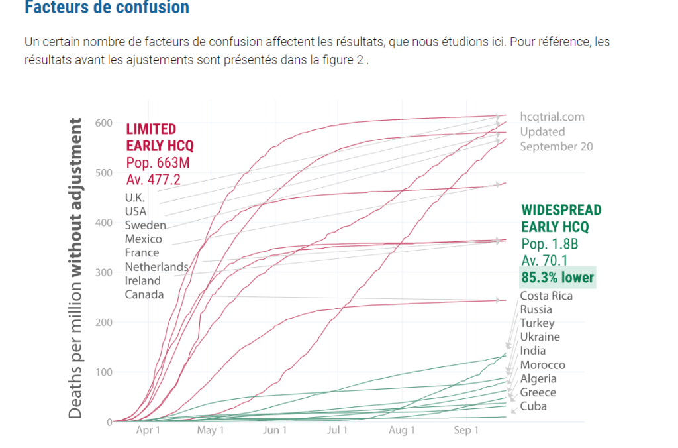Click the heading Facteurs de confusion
click(107, 8)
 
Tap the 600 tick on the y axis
click(103, 123)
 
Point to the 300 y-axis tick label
click(103, 272)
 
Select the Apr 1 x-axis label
click(148, 431)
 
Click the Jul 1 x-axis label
click(338, 431)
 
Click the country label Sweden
click(145, 225)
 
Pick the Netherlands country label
click(156, 266)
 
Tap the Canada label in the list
click(144, 294)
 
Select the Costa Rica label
click(546, 296)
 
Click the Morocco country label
click(542, 365)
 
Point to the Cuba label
click(533, 406)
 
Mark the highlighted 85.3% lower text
click(557, 278)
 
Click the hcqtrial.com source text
click(552, 117)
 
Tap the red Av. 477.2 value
click(153, 178)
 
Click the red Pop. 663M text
click(156, 162)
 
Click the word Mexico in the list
click(143, 239)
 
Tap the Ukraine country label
click(540, 337)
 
